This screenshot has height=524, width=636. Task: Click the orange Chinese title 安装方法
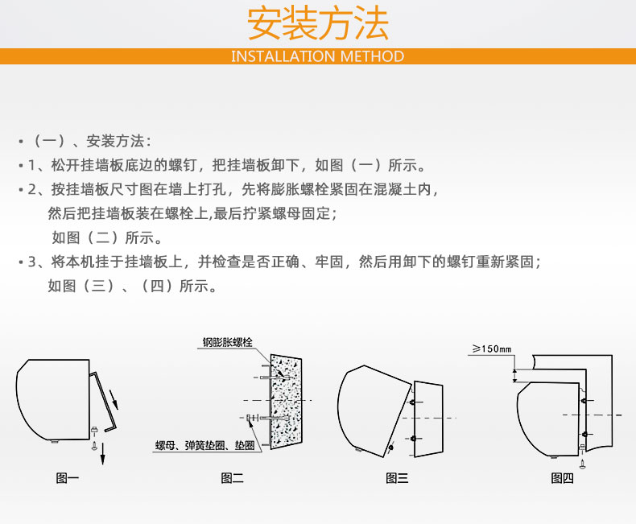click(317, 23)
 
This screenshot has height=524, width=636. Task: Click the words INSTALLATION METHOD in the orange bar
click(317, 56)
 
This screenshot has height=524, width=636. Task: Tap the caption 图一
click(67, 478)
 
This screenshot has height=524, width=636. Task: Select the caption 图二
click(232, 478)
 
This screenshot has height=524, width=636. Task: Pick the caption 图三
click(397, 478)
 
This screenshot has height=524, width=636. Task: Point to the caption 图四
click(562, 478)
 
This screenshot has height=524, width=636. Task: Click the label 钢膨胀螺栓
click(228, 342)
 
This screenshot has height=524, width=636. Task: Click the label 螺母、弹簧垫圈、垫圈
click(204, 445)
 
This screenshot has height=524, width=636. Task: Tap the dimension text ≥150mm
click(492, 349)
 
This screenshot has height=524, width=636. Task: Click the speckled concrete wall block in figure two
click(286, 402)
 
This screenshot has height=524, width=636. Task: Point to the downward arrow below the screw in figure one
click(102, 454)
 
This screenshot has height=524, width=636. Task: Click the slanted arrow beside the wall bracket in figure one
click(114, 398)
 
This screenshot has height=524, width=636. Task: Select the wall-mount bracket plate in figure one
click(103, 402)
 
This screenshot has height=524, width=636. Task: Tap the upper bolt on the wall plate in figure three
click(412, 402)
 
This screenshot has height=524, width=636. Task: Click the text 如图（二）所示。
click(107, 237)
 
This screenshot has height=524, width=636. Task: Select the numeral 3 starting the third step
click(31, 262)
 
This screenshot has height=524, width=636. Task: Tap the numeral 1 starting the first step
click(31, 166)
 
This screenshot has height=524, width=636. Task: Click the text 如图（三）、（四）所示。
click(132, 286)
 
